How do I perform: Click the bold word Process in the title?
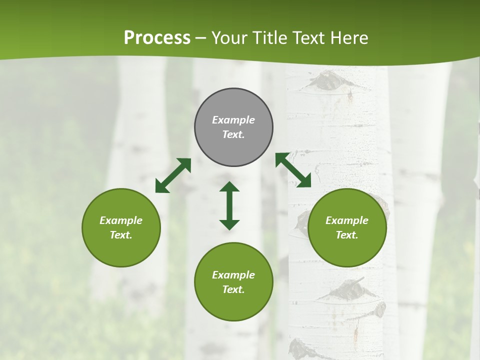pos(157,38)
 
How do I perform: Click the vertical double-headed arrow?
pos(229,205)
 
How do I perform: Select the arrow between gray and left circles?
pos(173,175)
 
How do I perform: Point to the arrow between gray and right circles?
pos(293,170)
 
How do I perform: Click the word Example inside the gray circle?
pos(233,120)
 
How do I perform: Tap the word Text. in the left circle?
pos(121,235)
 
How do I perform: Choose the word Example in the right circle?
pos(347,220)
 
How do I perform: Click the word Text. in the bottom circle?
pos(233,289)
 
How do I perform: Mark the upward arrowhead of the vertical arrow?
pos(229,187)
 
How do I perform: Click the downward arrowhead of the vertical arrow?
pos(229,224)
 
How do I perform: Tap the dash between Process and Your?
pos(200,38)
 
